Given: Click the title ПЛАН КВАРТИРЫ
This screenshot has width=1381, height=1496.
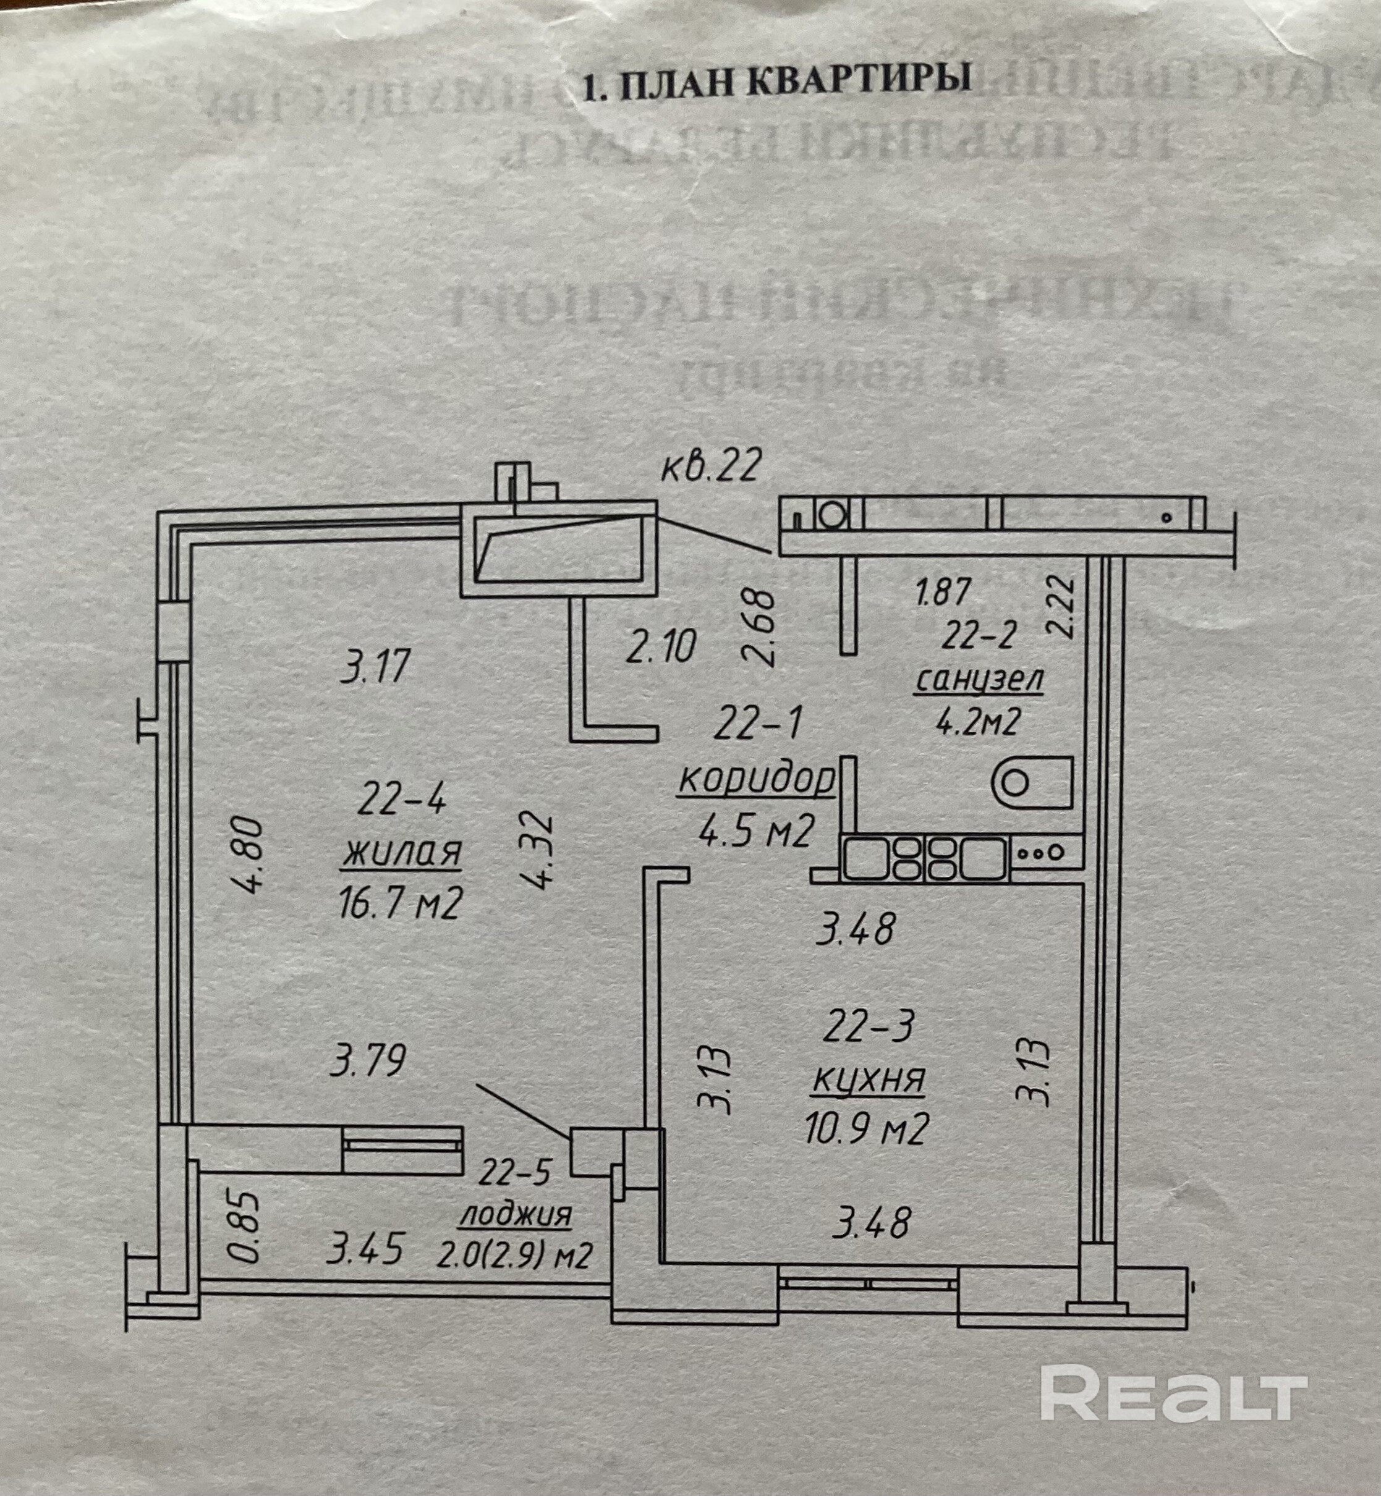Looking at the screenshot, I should pyautogui.click(x=776, y=78).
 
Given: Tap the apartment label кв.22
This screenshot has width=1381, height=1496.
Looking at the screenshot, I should pyautogui.click(x=711, y=467).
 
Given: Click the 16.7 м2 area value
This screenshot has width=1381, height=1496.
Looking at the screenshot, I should pyautogui.click(x=401, y=905).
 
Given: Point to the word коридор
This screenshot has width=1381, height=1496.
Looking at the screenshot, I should pyautogui.click(x=755, y=780).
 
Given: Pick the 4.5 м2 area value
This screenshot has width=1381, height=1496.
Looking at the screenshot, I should pyautogui.click(x=755, y=830).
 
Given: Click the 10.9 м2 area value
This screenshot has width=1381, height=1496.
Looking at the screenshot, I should pyautogui.click(x=867, y=1130).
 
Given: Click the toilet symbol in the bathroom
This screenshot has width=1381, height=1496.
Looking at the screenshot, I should pyautogui.click(x=1031, y=783).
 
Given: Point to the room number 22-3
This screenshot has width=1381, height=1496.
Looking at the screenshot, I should pyautogui.click(x=869, y=1028).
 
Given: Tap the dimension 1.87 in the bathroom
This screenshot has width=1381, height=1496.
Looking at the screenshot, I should pyautogui.click(x=943, y=591).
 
